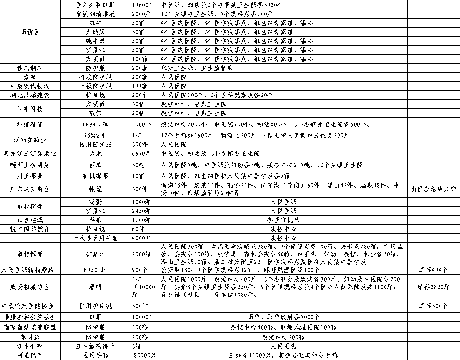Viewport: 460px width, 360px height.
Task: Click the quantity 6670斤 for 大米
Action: [x=141, y=153]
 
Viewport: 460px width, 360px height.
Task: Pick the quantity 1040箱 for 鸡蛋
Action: [x=141, y=202]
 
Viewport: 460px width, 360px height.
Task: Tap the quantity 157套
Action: [x=141, y=86]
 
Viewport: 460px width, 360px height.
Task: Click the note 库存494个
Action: [x=433, y=270]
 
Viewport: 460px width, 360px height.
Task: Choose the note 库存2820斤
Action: [x=433, y=287]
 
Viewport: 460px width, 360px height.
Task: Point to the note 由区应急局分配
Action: [x=433, y=189]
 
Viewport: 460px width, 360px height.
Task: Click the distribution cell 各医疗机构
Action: [x=283, y=220]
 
